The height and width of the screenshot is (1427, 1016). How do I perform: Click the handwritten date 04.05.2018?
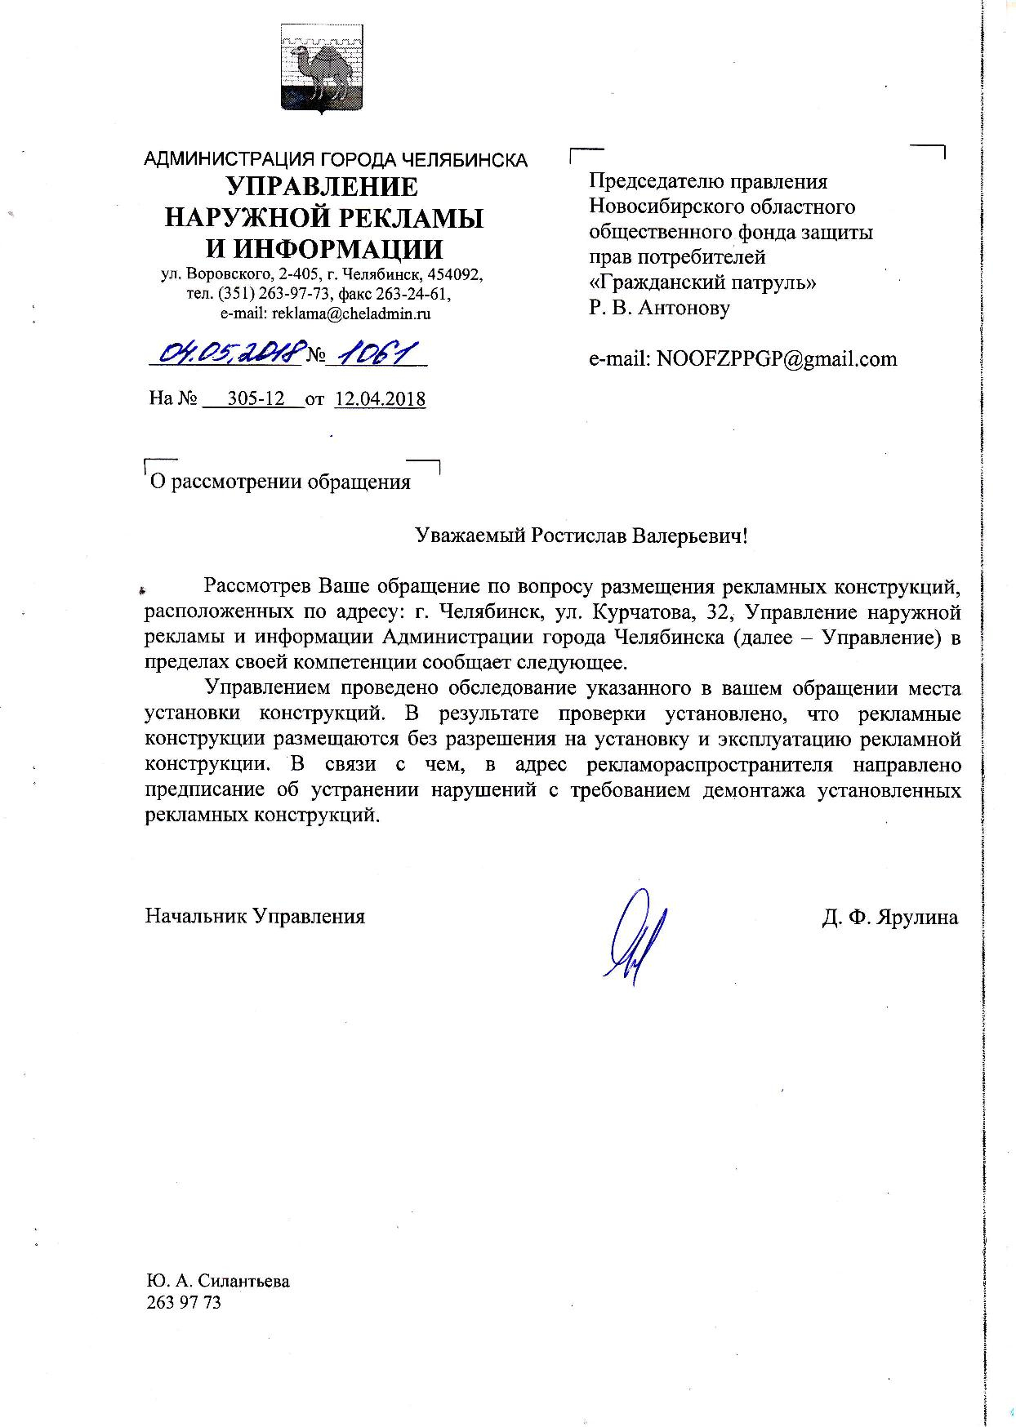click(231, 353)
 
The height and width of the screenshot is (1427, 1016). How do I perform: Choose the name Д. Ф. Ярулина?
click(890, 916)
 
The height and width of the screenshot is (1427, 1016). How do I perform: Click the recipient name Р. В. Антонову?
click(659, 308)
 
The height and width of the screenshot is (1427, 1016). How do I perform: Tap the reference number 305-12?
click(255, 398)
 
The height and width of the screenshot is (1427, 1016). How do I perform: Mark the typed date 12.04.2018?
click(380, 398)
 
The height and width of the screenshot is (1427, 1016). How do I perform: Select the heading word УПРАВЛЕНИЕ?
click(322, 187)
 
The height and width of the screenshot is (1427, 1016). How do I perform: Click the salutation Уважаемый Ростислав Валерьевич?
click(582, 536)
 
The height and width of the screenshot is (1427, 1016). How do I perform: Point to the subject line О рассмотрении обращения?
click(278, 482)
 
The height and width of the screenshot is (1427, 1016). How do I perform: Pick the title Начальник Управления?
click(255, 916)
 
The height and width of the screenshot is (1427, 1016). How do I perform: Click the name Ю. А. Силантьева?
click(218, 1281)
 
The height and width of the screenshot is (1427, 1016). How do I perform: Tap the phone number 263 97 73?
click(183, 1302)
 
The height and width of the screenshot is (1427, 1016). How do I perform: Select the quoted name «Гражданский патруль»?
click(702, 282)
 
